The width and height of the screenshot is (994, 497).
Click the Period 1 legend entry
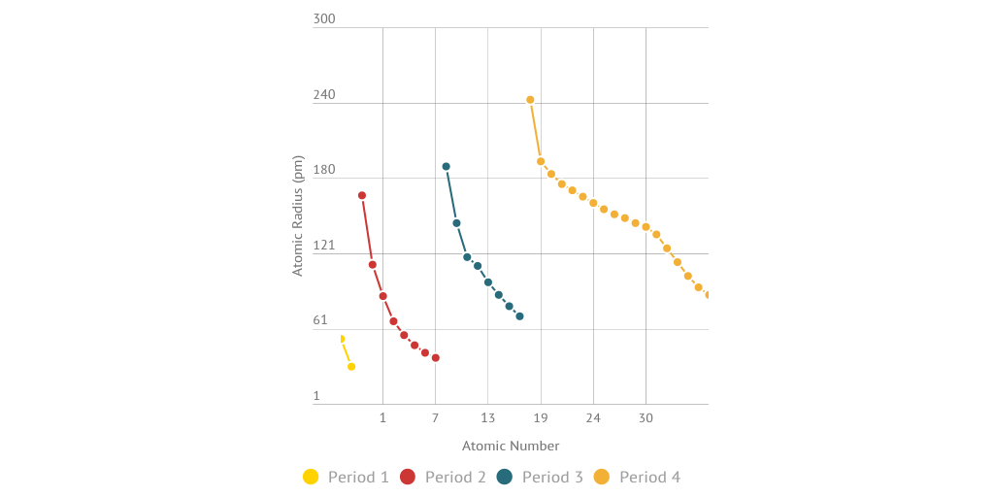[x=347, y=477]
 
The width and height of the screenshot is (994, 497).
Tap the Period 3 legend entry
[x=541, y=477]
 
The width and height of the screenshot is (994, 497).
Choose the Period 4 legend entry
[x=638, y=477]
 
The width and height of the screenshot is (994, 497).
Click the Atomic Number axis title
[x=511, y=447]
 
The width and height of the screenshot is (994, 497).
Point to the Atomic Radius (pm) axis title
[x=298, y=215]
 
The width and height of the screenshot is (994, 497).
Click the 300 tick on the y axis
[x=324, y=19]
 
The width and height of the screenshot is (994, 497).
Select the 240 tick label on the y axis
[x=324, y=95]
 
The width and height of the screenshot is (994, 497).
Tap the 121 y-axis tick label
[x=324, y=246]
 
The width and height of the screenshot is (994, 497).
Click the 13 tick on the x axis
[x=488, y=418]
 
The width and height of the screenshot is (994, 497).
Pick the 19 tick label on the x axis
[x=541, y=418]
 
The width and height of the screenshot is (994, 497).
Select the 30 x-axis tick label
[x=646, y=418]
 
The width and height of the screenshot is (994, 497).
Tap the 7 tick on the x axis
[x=435, y=418]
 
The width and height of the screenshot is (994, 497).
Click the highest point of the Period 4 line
[x=530, y=100]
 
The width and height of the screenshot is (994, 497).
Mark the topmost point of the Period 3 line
[x=446, y=167]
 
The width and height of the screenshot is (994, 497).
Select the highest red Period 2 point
[x=362, y=195]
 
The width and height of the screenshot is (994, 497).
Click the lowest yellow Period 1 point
[x=351, y=366]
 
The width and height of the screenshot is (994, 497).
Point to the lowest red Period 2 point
[x=436, y=358]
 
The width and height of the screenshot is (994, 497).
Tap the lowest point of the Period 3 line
[x=519, y=316]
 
